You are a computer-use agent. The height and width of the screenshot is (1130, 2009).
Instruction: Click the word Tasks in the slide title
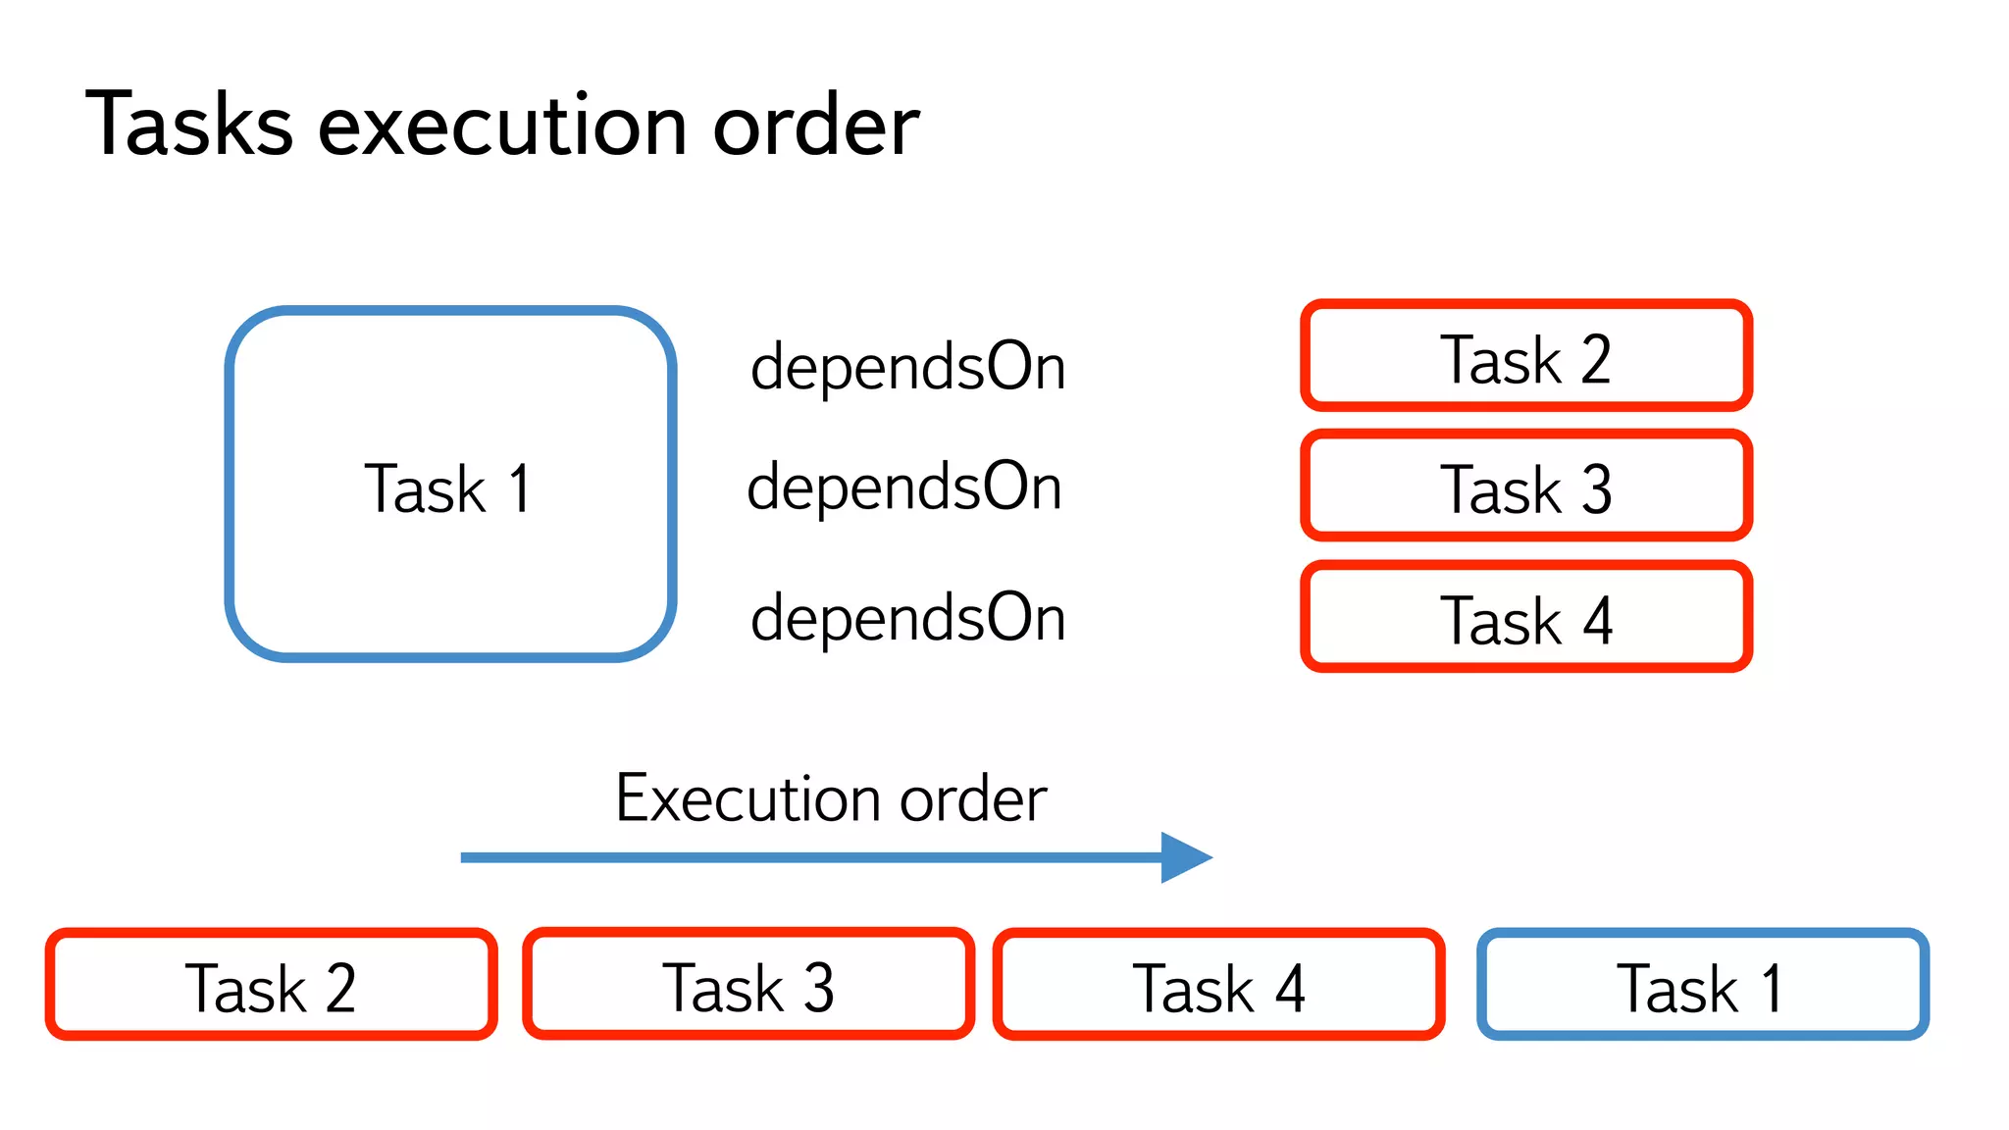(x=189, y=125)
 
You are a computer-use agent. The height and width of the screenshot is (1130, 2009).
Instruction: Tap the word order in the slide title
(x=815, y=125)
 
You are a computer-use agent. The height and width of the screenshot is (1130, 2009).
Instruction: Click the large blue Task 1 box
(x=450, y=485)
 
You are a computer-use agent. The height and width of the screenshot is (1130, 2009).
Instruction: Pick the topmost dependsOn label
(x=907, y=367)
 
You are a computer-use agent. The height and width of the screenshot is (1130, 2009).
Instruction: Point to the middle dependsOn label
(x=904, y=487)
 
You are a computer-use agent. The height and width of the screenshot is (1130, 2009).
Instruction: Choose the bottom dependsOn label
(x=907, y=618)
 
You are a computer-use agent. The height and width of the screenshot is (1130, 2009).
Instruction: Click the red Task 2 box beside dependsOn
(x=1525, y=357)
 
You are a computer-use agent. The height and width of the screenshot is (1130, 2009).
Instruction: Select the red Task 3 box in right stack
(x=1525, y=488)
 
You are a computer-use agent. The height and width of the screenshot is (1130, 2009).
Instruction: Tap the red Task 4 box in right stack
(x=1525, y=618)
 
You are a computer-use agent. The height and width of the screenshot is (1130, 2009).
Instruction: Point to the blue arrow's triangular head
(x=1185, y=857)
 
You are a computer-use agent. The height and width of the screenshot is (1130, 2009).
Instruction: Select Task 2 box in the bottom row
(x=271, y=985)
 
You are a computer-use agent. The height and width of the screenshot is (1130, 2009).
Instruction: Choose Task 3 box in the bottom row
(x=748, y=985)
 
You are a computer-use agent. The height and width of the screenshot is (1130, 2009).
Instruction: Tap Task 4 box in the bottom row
(x=1218, y=985)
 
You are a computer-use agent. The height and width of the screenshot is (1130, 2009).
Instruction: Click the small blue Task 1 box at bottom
(x=1702, y=985)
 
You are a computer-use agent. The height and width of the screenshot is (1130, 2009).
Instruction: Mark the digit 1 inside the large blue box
(x=520, y=488)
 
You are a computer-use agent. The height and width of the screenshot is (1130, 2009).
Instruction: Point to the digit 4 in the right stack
(x=1597, y=620)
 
